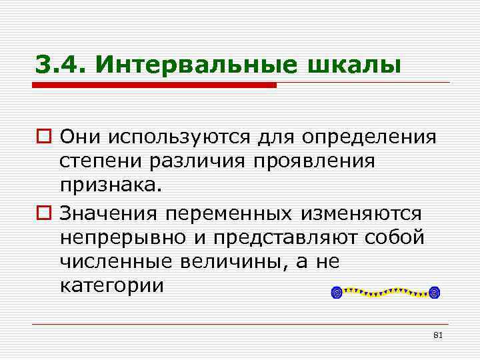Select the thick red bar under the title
(x=157, y=85)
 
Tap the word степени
(x=99, y=163)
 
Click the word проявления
(x=316, y=163)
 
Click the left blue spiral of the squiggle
(x=337, y=292)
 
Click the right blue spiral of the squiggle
(x=435, y=292)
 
